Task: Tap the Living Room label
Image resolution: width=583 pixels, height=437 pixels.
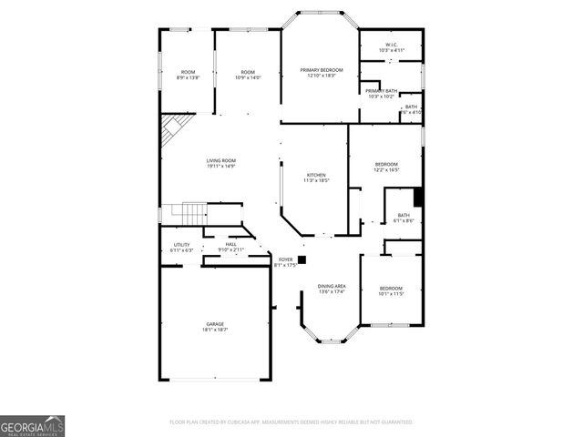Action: pyautogui.click(x=220, y=163)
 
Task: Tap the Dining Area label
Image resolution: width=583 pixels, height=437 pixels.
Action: pyautogui.click(x=332, y=289)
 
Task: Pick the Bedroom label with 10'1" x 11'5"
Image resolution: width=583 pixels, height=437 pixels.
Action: pyautogui.click(x=391, y=290)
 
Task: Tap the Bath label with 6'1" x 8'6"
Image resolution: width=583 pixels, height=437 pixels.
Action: pyautogui.click(x=404, y=218)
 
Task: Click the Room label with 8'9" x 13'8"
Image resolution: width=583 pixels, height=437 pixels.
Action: pyautogui.click(x=188, y=75)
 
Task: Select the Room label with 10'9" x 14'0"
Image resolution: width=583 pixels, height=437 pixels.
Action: pyautogui.click(x=248, y=75)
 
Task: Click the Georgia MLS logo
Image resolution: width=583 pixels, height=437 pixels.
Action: pyautogui.click(x=32, y=425)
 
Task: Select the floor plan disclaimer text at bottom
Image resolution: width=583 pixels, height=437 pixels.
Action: pyautogui.click(x=291, y=422)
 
